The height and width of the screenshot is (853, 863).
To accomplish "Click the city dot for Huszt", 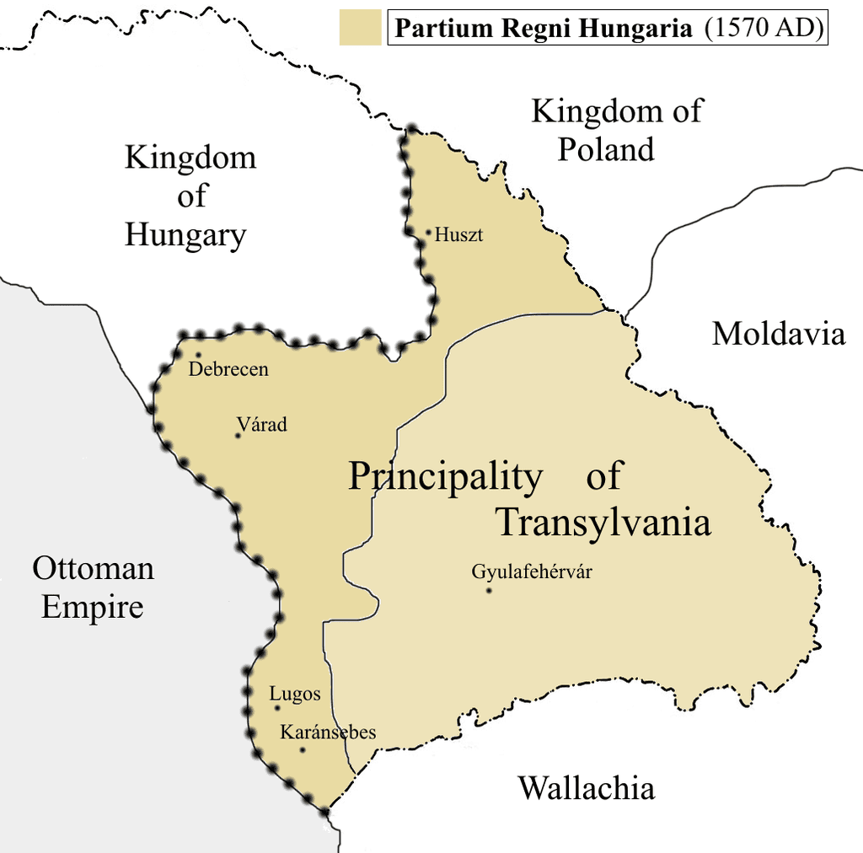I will pos(428,232).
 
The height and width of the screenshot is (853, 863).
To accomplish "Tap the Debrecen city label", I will pos(228,369).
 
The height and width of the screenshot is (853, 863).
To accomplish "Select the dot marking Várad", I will pos(239,436).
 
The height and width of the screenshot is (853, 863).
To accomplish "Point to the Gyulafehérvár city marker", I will pos(488,591).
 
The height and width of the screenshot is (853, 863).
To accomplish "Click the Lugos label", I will pos(295,695).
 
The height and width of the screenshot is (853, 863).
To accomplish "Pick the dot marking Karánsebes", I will pos(303,749).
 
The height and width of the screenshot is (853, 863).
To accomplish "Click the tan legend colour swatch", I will pos(361,28).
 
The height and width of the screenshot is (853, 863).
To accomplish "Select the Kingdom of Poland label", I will pos(616,130).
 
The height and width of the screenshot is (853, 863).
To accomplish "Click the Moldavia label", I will pos(778,334).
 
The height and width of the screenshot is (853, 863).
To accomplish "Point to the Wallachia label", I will pos(586,788).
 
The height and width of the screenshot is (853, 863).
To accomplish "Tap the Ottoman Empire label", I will pos(93,587).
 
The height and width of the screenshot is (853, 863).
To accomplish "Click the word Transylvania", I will pos(603,523).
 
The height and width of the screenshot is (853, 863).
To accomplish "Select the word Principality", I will pos(445,477).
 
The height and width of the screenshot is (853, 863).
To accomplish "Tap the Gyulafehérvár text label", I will pos(532,572).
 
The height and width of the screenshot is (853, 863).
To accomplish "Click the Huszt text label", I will pos(458,235).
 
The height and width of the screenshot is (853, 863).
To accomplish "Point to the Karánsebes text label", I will pos(328,732).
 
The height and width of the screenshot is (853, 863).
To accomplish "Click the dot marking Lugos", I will pos(277,708).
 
